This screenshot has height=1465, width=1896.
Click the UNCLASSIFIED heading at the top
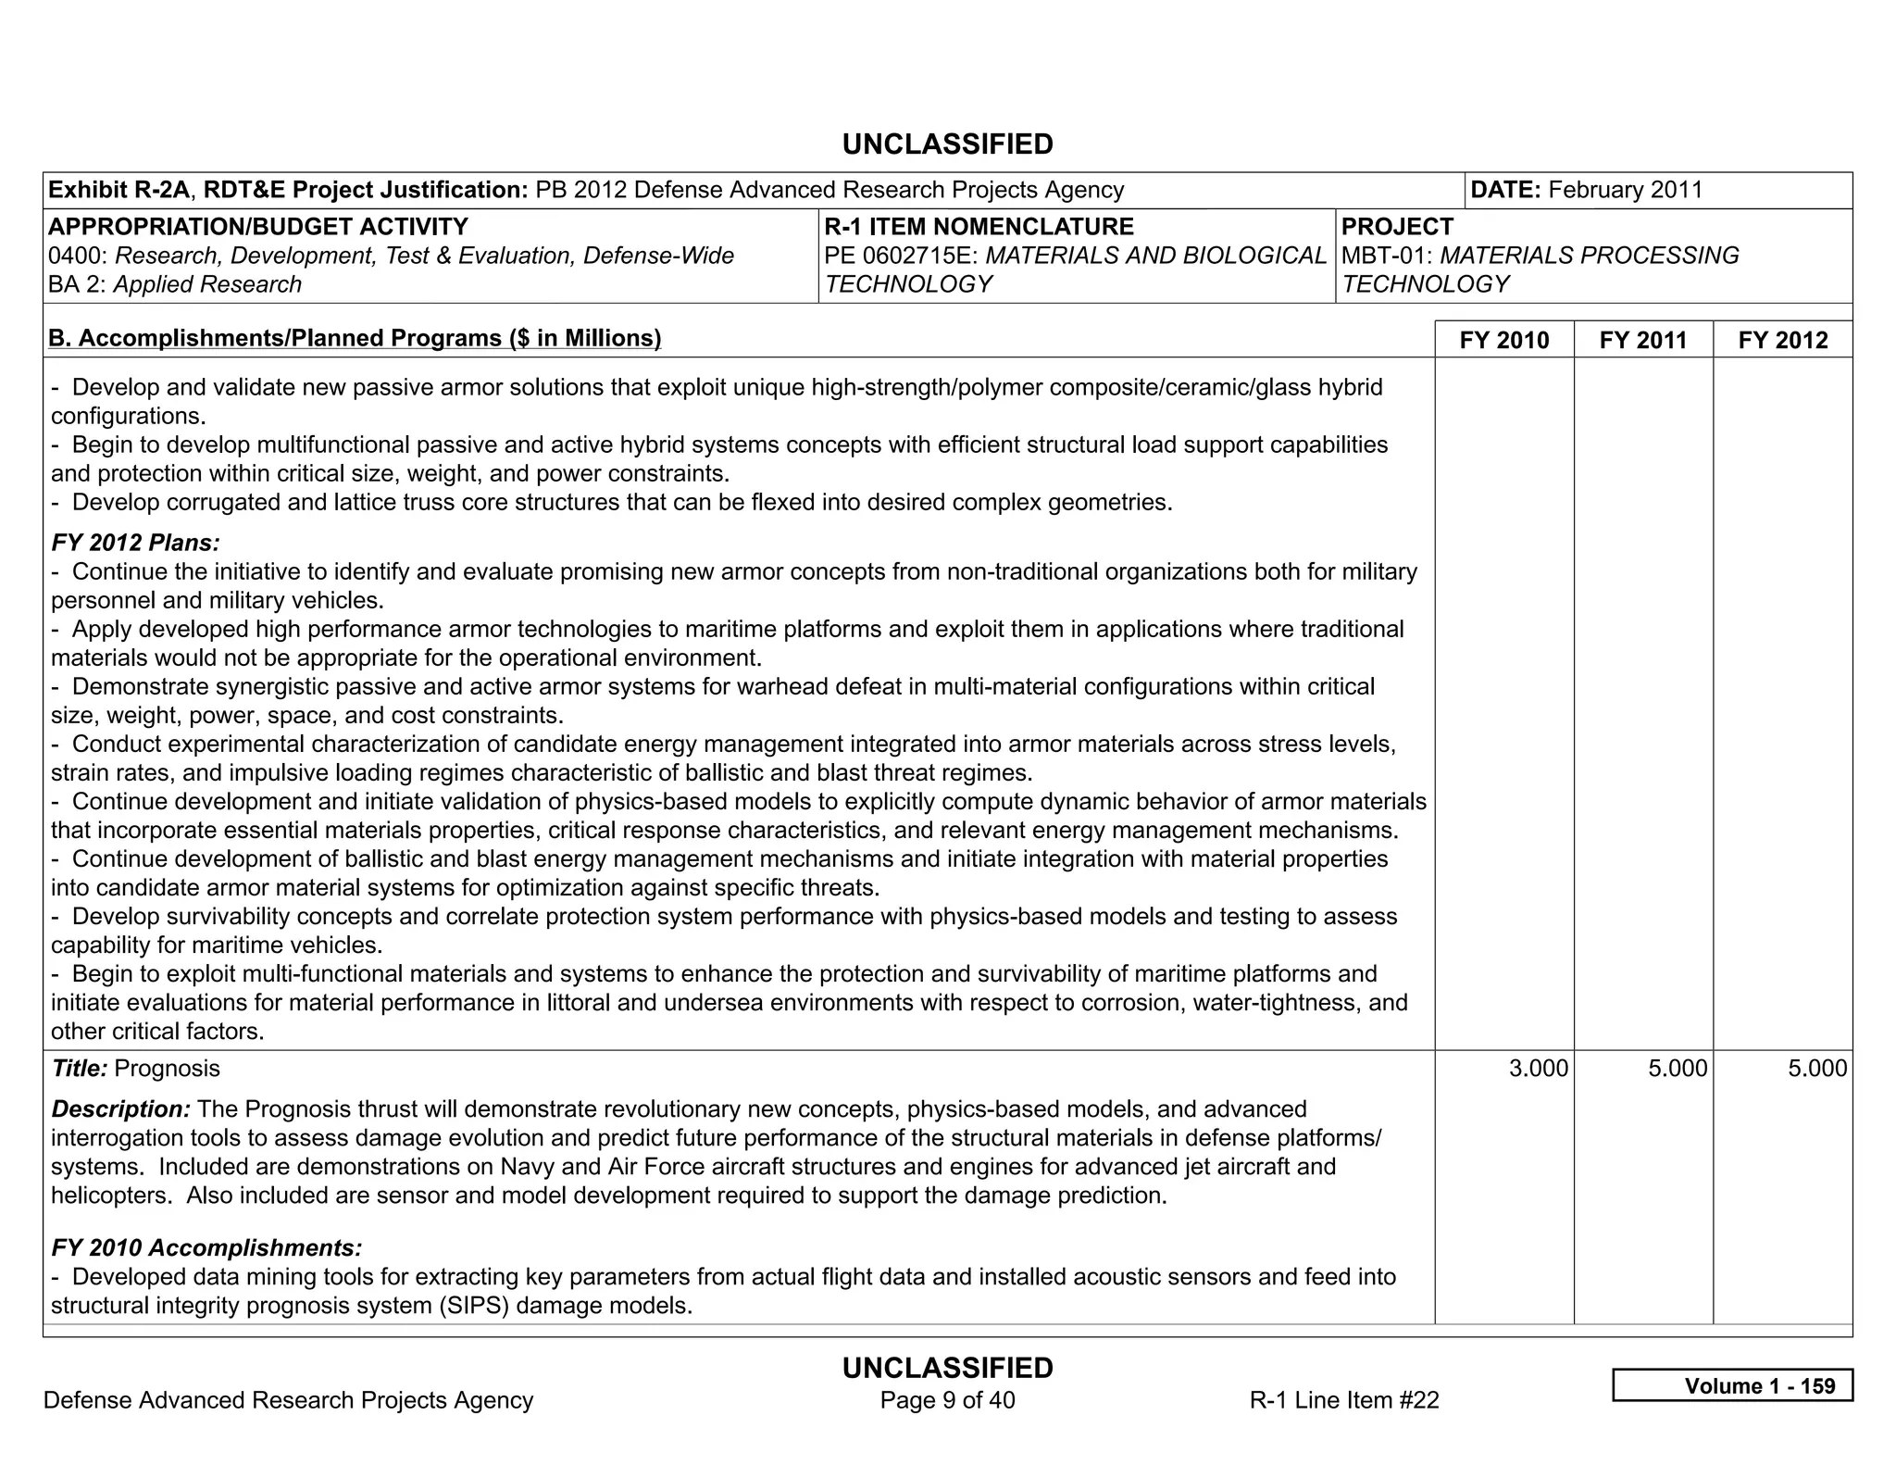click(947, 144)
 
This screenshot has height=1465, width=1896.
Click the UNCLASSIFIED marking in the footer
click(947, 1368)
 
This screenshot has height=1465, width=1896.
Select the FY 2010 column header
click(1503, 340)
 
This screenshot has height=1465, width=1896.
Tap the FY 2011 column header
click(1643, 340)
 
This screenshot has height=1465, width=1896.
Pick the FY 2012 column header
click(1783, 340)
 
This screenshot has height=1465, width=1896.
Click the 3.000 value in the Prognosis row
click(1538, 1069)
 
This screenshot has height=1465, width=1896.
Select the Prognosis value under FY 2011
click(1677, 1069)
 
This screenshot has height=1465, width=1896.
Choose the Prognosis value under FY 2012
click(1816, 1069)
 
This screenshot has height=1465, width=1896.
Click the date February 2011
click(1625, 190)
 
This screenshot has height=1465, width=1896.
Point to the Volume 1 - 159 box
click(1732, 1385)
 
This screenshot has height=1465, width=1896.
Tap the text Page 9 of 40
click(947, 1400)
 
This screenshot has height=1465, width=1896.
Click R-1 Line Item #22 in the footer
click(1343, 1400)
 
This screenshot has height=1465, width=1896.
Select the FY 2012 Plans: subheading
click(135, 543)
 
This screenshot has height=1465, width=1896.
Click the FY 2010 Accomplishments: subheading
click(206, 1248)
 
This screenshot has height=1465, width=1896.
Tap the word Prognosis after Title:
click(167, 1069)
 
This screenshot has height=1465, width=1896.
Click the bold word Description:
click(120, 1109)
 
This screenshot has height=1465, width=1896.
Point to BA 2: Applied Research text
click(175, 284)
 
